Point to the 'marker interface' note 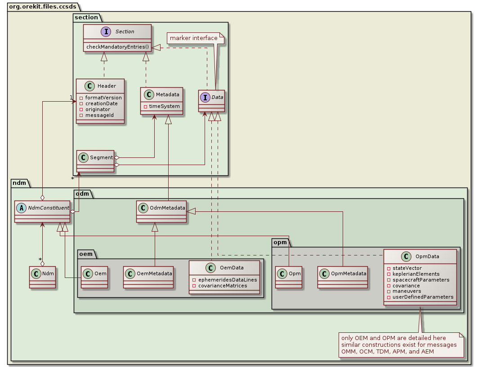tap(193, 38)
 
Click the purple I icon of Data tap(205, 97)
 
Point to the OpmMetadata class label tap(348, 273)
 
